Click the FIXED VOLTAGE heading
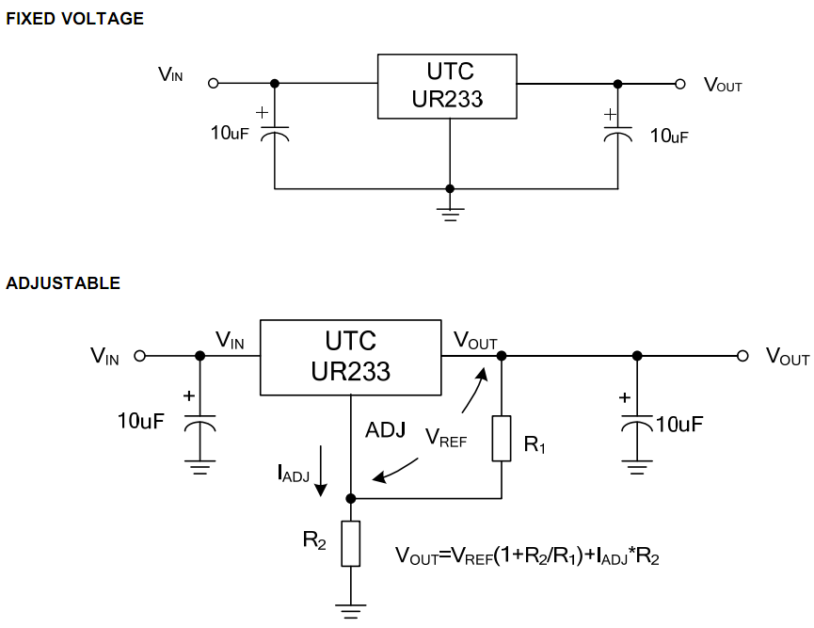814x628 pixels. [75, 19]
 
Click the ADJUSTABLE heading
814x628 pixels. [63, 283]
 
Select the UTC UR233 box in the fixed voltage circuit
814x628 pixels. [447, 86]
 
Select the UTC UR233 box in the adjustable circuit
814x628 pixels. [350, 356]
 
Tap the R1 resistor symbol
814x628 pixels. [501, 439]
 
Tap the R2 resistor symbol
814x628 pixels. [350, 543]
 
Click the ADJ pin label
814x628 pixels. [386, 430]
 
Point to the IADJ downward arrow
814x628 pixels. [322, 475]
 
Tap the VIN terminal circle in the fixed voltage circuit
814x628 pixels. [213, 83]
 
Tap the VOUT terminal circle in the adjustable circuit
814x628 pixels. [742, 356]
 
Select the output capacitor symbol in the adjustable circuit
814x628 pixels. [637, 425]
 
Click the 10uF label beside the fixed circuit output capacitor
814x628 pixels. [669, 136]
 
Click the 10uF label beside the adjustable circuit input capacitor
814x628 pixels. [141, 420]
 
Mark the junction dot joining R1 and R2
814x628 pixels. [350, 497]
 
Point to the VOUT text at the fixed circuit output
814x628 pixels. [723, 85]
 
